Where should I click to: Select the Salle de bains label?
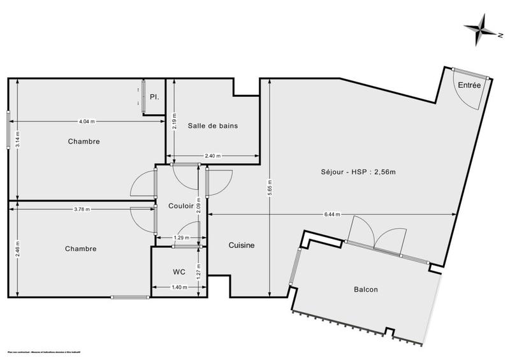(213, 126)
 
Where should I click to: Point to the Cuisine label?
(242, 245)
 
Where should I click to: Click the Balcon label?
(366, 289)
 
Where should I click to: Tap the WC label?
(179, 271)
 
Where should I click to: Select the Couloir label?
(181, 206)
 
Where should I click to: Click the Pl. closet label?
(154, 97)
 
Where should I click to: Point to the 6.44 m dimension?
(332, 214)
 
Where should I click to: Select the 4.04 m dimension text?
(87, 121)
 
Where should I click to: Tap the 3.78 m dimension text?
(82, 209)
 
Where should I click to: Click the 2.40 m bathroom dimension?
(214, 156)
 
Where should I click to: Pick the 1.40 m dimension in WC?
(180, 287)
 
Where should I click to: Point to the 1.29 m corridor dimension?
(182, 238)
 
